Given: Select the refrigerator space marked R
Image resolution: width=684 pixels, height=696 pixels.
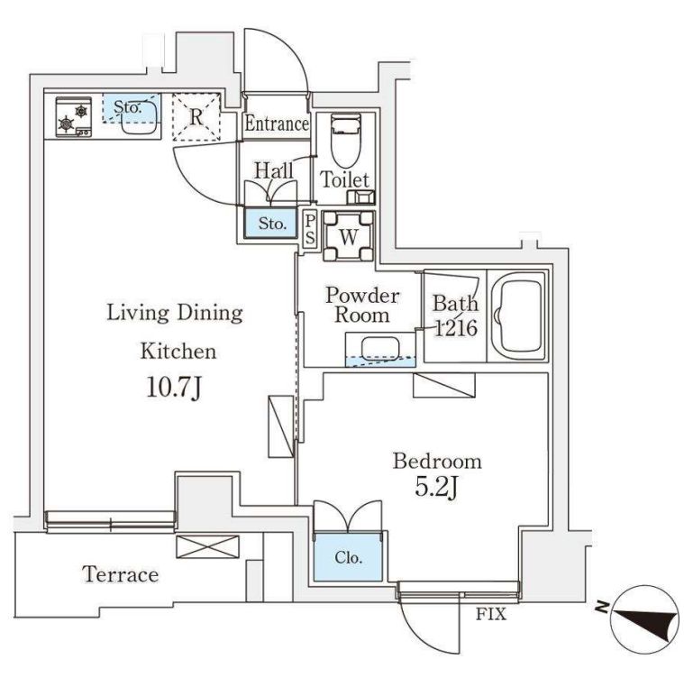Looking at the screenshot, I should (x=196, y=117).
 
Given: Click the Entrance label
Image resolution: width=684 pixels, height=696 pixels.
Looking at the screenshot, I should (x=277, y=124).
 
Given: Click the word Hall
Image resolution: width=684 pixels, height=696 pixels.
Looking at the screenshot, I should (x=272, y=169).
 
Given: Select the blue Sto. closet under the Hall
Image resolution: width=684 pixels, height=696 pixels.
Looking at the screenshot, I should (x=271, y=222).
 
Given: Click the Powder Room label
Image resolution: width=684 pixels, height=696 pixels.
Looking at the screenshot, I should (x=361, y=305).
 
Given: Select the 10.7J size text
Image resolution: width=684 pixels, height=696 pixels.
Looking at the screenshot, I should (x=173, y=388).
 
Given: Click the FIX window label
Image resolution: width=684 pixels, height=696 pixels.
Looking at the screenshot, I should (x=492, y=617).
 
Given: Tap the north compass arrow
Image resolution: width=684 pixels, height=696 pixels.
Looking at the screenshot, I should (x=643, y=622).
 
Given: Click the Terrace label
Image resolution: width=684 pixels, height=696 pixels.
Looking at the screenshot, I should (x=121, y=574).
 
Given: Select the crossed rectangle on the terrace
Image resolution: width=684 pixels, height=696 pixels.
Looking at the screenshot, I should (x=208, y=547).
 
